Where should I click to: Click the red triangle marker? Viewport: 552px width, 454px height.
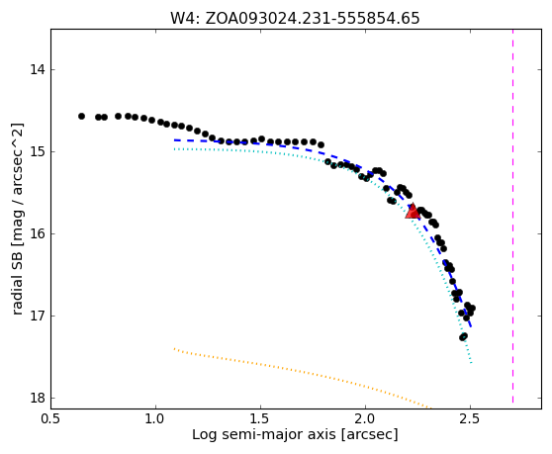pyautogui.click(x=412, y=211)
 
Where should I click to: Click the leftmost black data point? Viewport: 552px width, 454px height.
pyautogui.click(x=81, y=116)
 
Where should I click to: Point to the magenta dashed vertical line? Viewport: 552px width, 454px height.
pyautogui.click(x=512, y=217)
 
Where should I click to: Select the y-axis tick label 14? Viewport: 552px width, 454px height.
pyautogui.click(x=38, y=69)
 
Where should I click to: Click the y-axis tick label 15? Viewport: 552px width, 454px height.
pyautogui.click(x=38, y=151)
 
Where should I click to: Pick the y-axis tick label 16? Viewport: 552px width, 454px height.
pyautogui.click(x=38, y=233)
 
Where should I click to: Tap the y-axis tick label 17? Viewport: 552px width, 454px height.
pyautogui.click(x=38, y=316)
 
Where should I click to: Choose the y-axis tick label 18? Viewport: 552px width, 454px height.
pyautogui.click(x=38, y=398)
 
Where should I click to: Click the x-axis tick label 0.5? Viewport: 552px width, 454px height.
pyautogui.click(x=51, y=418)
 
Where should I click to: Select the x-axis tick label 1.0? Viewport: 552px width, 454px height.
pyautogui.click(x=155, y=418)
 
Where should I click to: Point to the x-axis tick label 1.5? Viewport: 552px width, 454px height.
pyautogui.click(x=260, y=418)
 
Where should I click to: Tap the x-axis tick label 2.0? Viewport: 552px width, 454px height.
pyautogui.click(x=365, y=418)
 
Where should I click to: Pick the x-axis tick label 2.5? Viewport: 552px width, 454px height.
pyautogui.click(x=470, y=418)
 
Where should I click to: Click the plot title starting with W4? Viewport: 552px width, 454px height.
pyautogui.click(x=295, y=18)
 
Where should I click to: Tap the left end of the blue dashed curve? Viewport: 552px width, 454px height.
pyautogui.click(x=174, y=140)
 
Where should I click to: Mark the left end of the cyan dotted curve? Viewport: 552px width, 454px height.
pyautogui.click(x=174, y=149)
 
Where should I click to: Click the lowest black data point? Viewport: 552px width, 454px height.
pyautogui.click(x=462, y=337)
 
